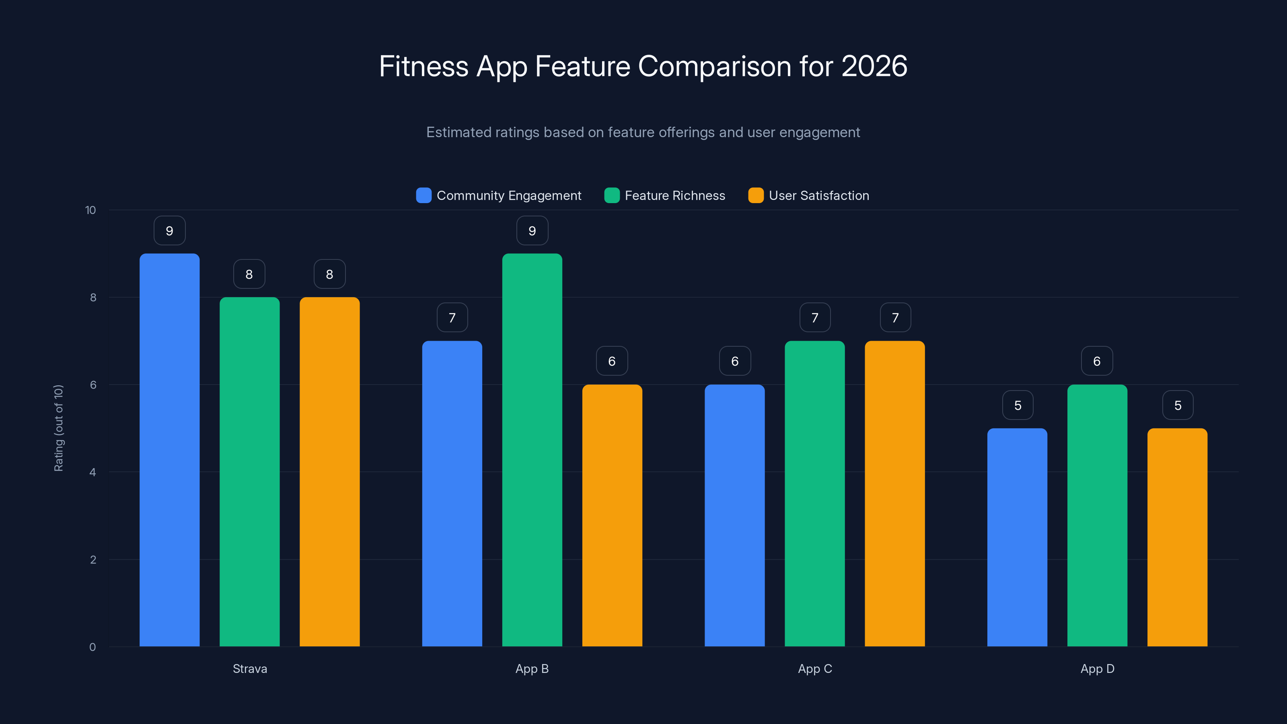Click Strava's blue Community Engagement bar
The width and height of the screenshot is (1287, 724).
[x=169, y=450]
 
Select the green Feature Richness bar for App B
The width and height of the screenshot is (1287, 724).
[x=532, y=450]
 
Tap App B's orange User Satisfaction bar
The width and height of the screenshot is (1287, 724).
[x=612, y=515]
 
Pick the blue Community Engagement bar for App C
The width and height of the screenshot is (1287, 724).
[x=734, y=515]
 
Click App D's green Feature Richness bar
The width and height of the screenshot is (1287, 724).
[x=1097, y=515]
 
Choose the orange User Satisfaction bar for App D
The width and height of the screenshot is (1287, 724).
[x=1177, y=537]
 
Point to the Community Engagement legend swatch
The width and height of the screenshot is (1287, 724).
[x=424, y=195]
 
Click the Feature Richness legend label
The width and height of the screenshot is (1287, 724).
[x=674, y=195]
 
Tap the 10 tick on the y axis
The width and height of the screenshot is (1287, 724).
[x=90, y=210]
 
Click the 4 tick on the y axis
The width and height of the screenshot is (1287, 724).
[x=93, y=472]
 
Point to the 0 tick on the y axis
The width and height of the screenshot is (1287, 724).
[x=93, y=647]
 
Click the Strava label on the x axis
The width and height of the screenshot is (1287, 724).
[x=250, y=668]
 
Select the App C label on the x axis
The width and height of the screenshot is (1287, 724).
[x=815, y=668]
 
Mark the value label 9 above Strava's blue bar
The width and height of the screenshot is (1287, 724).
[x=169, y=231]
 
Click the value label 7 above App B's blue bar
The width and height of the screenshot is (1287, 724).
[x=452, y=318]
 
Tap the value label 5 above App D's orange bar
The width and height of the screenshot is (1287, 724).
[x=1178, y=405]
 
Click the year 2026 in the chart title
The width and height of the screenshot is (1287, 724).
[x=874, y=66]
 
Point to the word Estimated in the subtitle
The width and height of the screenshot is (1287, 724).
[x=458, y=132]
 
